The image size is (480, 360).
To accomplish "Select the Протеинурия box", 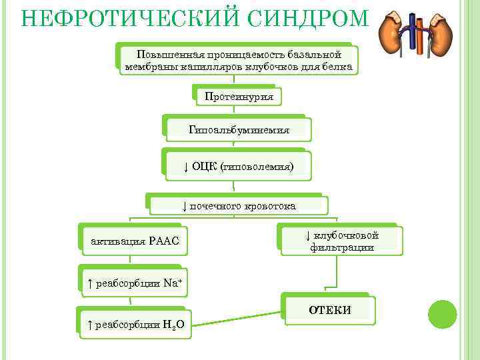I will click(239, 97).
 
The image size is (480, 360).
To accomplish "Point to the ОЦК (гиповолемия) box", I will click(239, 165).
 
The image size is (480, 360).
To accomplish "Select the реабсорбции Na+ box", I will click(134, 283).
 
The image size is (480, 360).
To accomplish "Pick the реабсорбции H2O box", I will click(136, 325).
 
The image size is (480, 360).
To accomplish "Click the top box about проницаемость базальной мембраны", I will click(238, 60).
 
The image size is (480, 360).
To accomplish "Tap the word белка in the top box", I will click(337, 67).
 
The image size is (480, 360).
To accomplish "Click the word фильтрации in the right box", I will click(341, 247).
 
